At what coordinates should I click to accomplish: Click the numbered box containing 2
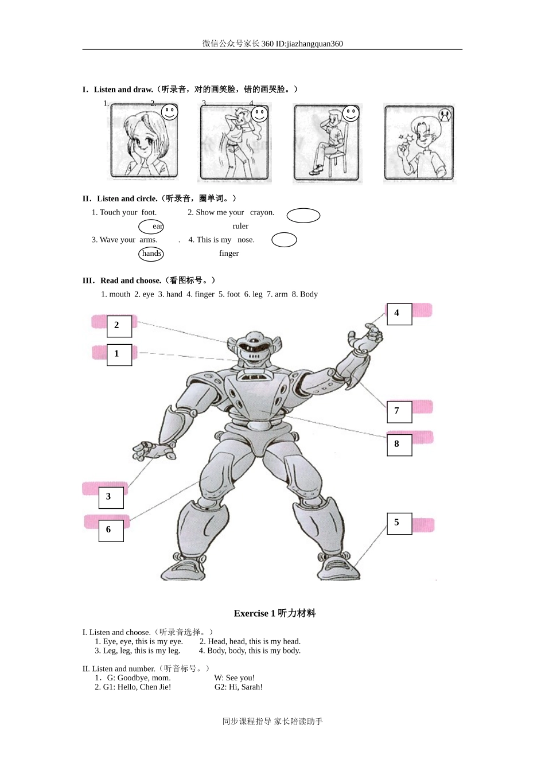point(119,326)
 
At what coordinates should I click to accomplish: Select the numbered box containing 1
point(119,355)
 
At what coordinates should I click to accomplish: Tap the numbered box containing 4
point(399,314)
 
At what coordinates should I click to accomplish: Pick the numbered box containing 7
point(399,411)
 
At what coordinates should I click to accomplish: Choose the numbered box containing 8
point(399,445)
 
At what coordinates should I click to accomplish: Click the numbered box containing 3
point(111,497)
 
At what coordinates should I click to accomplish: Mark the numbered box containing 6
point(111,530)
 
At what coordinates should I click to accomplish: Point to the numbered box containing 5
point(399,523)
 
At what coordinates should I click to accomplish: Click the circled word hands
point(151,254)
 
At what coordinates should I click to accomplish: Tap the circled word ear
point(152,227)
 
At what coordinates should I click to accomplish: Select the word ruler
point(240,226)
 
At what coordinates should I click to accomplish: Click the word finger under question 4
point(229,254)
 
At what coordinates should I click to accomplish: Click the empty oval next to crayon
point(303,216)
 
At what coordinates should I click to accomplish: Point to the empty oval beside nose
point(284,240)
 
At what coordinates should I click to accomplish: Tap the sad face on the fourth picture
point(445,115)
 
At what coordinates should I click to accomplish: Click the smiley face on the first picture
point(169,112)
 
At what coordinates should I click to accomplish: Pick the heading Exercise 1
point(274,613)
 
